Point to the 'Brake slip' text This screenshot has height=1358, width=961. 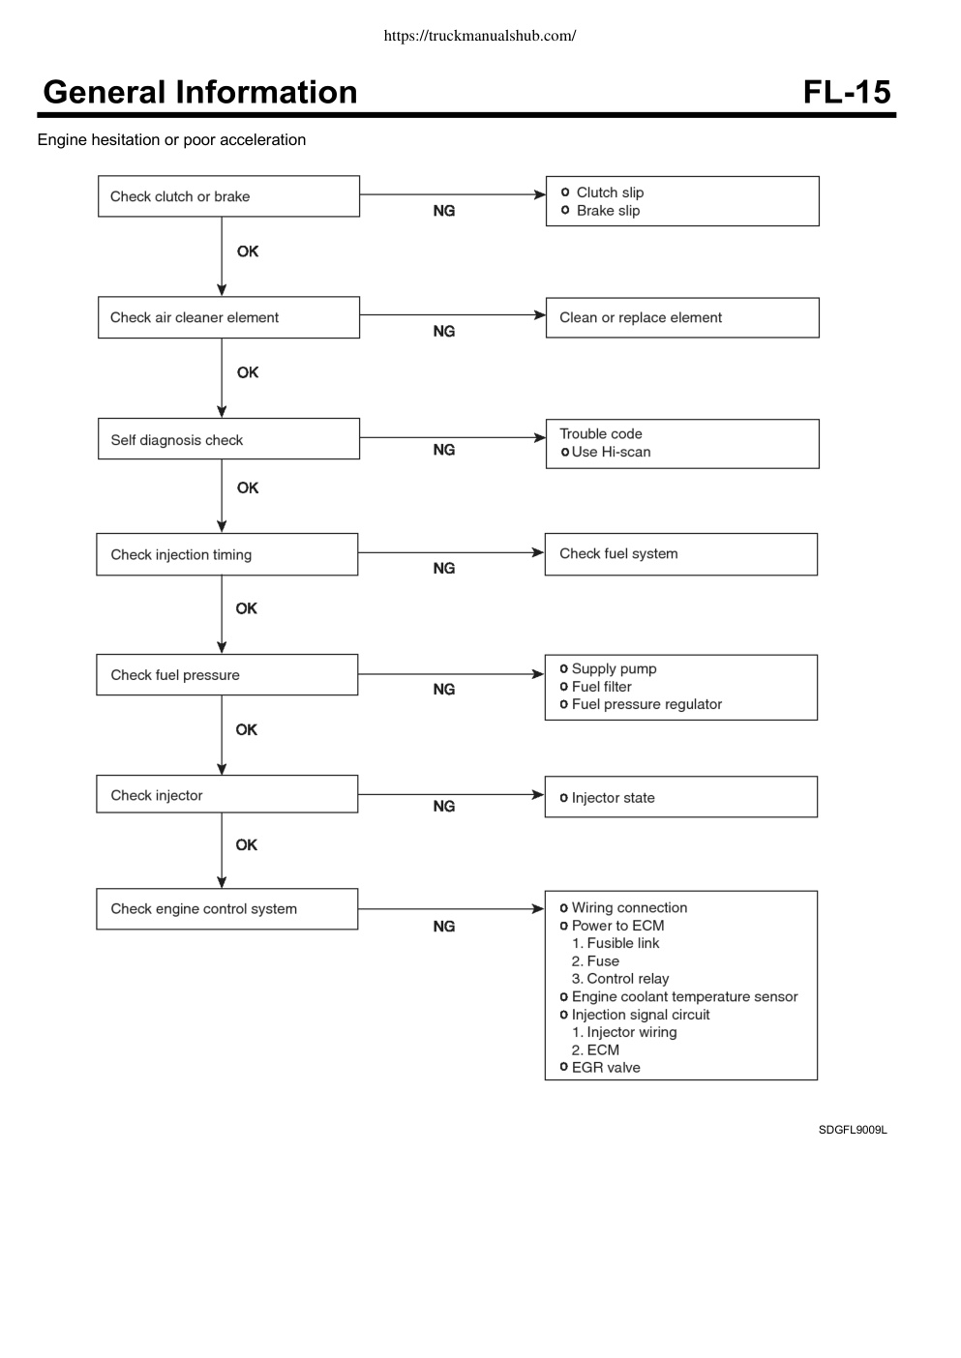click(608, 210)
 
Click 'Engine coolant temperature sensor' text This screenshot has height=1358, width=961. click(684, 996)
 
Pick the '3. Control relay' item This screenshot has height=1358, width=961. click(620, 979)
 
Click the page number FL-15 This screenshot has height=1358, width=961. click(847, 92)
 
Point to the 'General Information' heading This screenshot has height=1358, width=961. click(200, 92)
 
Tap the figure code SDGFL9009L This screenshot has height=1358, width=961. click(853, 1130)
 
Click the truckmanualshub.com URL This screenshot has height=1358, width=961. click(480, 36)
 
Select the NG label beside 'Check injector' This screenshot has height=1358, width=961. click(444, 807)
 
